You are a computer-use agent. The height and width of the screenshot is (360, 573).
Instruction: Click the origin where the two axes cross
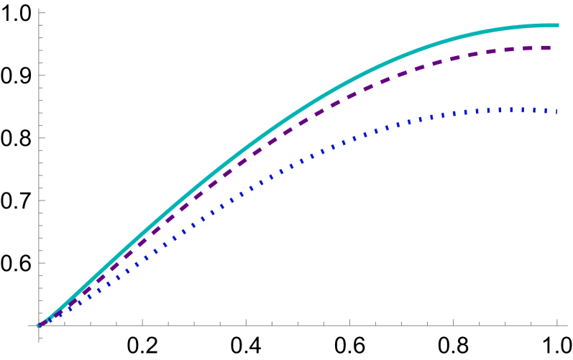click(x=39, y=326)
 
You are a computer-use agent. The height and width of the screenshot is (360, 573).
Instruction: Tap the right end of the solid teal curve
click(x=558, y=26)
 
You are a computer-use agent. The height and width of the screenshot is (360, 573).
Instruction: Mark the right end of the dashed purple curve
click(x=551, y=48)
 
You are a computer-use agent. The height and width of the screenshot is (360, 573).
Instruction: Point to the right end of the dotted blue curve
click(x=557, y=111)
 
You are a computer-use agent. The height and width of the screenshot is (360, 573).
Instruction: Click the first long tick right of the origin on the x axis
click(x=142, y=322)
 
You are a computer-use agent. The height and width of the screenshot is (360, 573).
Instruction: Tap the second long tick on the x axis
click(x=246, y=322)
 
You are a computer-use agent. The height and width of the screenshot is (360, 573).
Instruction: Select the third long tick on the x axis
click(x=349, y=322)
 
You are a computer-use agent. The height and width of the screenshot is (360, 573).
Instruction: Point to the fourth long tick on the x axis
click(x=453, y=322)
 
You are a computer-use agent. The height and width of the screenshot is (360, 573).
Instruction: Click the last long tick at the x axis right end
click(x=557, y=322)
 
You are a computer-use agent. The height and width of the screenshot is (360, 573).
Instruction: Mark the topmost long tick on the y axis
click(x=42, y=13)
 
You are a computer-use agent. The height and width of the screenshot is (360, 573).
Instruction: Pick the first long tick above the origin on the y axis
click(x=42, y=263)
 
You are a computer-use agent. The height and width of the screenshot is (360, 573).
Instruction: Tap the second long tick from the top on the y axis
click(x=42, y=75)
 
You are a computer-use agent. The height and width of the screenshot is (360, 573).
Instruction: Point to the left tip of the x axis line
click(x=28, y=326)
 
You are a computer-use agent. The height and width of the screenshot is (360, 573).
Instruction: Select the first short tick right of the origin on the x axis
click(x=65, y=323)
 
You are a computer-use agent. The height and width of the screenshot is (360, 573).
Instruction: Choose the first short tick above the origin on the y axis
click(x=41, y=313)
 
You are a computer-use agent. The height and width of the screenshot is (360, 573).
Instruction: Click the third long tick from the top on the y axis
click(x=42, y=138)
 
